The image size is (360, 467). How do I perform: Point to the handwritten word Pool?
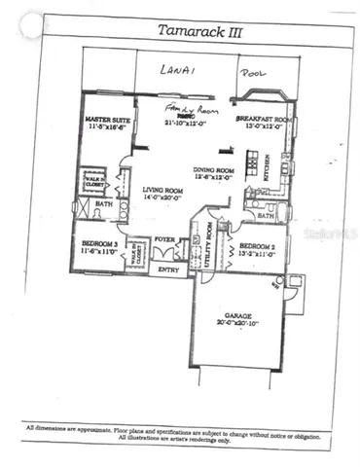tap(256, 73)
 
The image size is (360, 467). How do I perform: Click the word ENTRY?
tap(168, 269)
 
